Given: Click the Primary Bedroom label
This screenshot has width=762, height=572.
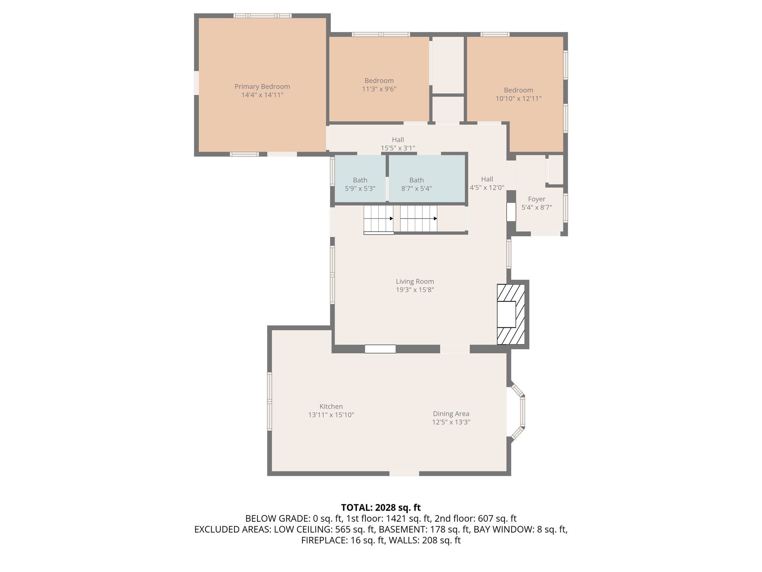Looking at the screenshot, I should tap(262, 86).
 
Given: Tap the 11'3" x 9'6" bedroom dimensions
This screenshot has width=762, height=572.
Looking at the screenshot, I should tap(379, 89).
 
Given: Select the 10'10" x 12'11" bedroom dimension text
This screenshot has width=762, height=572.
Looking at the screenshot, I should tap(518, 99).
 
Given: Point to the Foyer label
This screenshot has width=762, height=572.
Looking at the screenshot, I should tap(536, 199).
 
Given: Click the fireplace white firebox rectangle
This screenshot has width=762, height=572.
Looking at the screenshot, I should tap(506, 314).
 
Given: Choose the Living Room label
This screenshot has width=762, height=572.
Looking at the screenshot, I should tap(414, 282).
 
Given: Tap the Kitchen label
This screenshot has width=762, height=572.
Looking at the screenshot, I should tap(331, 407).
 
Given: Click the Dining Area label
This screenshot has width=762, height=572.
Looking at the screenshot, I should tap(451, 414).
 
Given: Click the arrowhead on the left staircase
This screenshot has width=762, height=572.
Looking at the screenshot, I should tap(391, 219).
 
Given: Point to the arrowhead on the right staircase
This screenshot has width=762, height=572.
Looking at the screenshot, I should tap(435, 219).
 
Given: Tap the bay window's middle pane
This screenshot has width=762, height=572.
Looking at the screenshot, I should tap(522, 411).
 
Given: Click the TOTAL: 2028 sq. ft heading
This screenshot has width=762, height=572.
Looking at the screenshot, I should tap(381, 508).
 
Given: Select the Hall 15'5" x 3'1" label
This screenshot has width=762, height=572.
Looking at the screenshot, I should tap(397, 144).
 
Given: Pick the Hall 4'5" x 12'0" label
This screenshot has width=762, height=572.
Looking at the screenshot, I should tap(487, 183).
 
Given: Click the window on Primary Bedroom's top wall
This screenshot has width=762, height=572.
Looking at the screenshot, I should tap(262, 16).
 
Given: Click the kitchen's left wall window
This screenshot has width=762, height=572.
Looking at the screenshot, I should tap(269, 401).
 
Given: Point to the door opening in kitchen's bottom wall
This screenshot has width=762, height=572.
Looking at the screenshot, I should tap(404, 474).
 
